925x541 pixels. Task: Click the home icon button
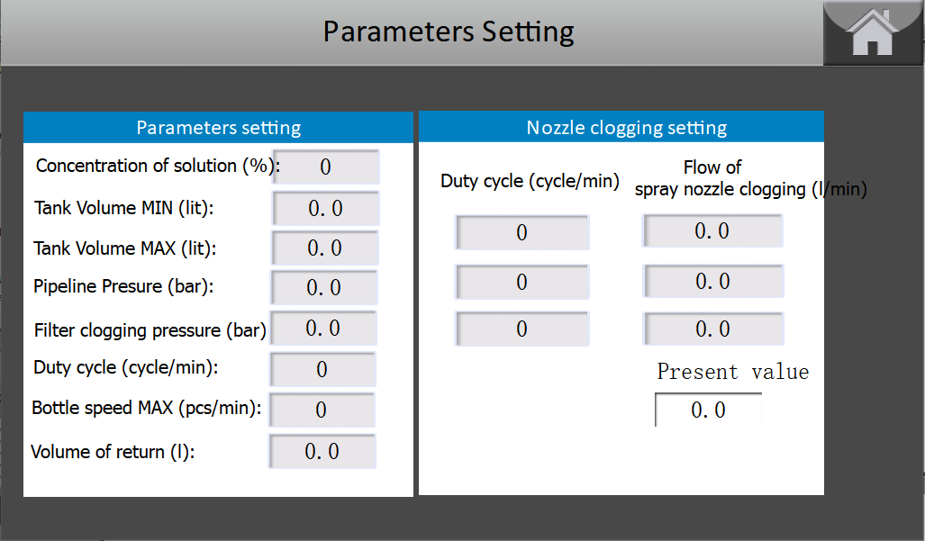[x=873, y=33]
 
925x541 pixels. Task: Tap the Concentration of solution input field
[x=326, y=167]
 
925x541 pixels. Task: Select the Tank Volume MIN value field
[x=326, y=208]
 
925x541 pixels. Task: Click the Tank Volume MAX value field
[x=324, y=248]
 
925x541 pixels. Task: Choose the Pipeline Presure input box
[x=324, y=287]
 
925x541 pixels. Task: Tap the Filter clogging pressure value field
[x=323, y=328]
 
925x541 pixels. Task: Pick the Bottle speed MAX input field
[x=322, y=410]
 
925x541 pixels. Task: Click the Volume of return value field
[x=322, y=451]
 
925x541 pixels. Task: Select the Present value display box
[x=708, y=410]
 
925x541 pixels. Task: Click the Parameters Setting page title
[x=449, y=32]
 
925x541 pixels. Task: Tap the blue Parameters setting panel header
[x=218, y=127]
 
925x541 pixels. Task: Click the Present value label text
[x=732, y=372]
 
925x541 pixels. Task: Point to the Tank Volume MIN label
[x=124, y=208]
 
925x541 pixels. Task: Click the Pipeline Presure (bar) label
[x=123, y=286]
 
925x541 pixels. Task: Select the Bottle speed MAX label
[x=146, y=408]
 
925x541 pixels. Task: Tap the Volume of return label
[x=113, y=452]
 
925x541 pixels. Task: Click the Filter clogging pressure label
[x=150, y=330]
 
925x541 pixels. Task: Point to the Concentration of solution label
[x=159, y=167]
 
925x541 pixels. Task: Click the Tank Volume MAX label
[x=125, y=248]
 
